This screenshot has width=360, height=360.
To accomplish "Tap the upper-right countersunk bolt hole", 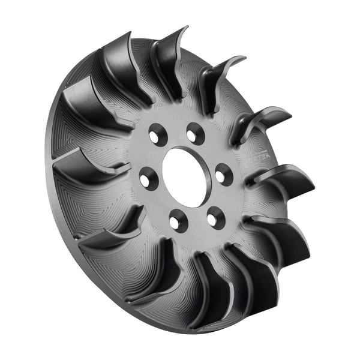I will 194,133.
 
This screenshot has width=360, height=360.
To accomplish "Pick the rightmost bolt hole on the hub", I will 223,175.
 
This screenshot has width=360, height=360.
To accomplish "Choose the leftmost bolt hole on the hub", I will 148,178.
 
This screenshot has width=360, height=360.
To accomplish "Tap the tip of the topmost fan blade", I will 184,29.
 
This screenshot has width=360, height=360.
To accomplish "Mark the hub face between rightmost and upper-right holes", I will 213,150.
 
